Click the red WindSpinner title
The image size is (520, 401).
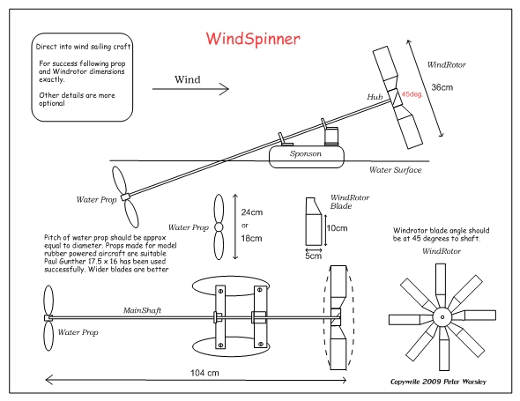pos(253,39)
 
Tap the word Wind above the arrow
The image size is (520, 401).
pos(188,79)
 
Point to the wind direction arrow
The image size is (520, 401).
pos(190,89)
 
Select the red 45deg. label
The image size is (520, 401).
pos(412,94)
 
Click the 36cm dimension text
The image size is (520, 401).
pos(442,87)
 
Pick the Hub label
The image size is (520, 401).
pos(375,97)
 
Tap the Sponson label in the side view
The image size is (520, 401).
pos(306,153)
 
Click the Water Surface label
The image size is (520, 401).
pos(396,170)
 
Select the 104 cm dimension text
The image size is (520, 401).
pos(204,373)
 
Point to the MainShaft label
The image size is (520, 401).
pos(142,310)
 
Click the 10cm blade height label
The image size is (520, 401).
pos(337,228)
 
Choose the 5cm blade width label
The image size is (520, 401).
pos(314,256)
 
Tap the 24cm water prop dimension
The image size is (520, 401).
pos(252,212)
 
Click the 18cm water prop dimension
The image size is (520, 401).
pos(251,239)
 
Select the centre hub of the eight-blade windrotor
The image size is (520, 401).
pos(442,317)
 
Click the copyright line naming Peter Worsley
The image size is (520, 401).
pos(438,382)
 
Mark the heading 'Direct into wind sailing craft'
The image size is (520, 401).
pos(83,47)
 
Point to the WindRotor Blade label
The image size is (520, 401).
pos(350,202)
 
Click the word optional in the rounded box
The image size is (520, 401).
pos(52,103)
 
